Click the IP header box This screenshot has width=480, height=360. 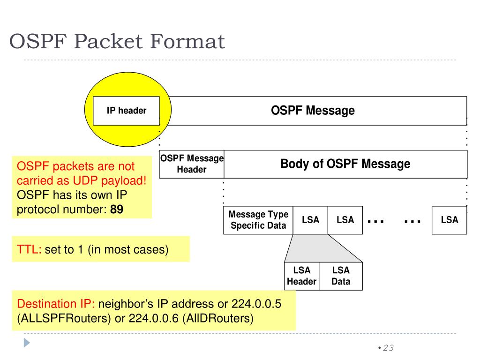point(126,111)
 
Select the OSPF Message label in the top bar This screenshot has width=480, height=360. point(313,111)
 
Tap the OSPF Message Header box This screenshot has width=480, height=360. point(192,164)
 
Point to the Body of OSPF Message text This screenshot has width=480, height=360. point(345,164)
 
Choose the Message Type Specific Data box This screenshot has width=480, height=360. point(258,220)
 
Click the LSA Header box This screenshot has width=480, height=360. point(301,276)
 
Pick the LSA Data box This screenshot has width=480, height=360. point(341,276)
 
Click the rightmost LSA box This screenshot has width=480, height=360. point(449,220)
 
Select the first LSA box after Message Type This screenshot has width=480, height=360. point(310,220)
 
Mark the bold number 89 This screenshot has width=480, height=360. point(117,210)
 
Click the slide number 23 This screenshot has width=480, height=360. point(388,348)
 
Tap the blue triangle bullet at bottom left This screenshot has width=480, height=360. point(27,343)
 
